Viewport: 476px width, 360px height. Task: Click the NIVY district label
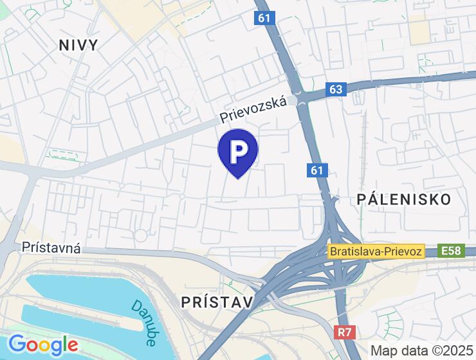click(78, 45)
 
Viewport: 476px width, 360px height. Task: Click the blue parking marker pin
click(238, 152)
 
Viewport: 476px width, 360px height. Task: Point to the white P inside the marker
click(238, 150)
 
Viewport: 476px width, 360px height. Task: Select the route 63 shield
click(336, 89)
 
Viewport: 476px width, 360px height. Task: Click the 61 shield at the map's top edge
click(264, 18)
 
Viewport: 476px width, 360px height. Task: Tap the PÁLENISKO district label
click(403, 199)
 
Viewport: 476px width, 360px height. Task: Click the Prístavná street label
click(51, 248)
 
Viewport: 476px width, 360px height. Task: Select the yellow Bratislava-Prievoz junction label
click(376, 251)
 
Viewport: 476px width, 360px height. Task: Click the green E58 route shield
click(452, 251)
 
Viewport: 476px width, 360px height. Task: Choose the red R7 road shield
click(345, 332)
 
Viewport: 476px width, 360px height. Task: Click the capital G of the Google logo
click(17, 345)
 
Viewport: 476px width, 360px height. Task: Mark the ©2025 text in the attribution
click(448, 350)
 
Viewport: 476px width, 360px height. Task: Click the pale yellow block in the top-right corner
click(419, 30)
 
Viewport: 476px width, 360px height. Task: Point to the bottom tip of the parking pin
click(238, 177)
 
